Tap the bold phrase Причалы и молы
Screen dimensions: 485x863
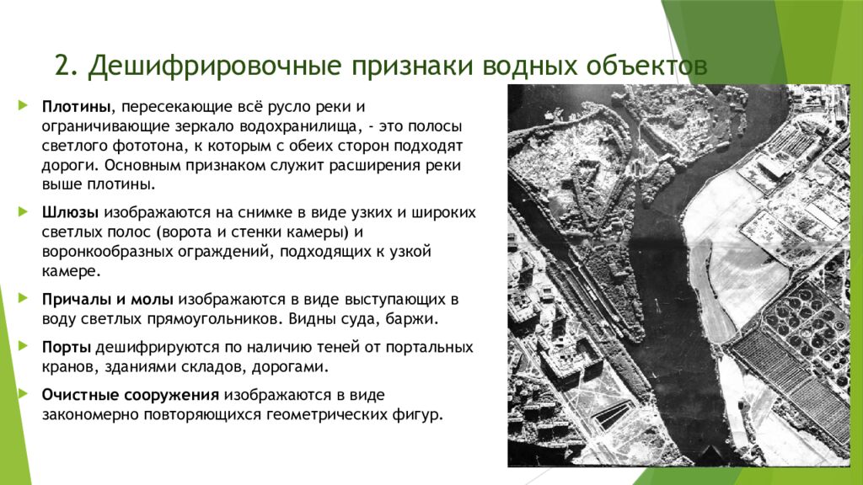pyautogui.click(x=108, y=299)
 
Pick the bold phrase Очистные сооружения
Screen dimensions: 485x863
pyautogui.click(x=131, y=395)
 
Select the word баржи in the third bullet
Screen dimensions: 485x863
pyautogui.click(x=415, y=319)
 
